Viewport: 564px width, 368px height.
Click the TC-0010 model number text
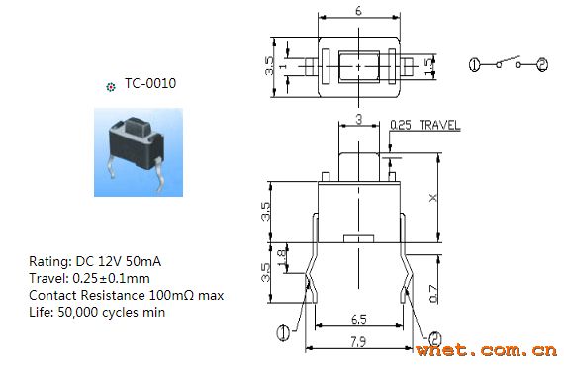pyautogui.click(x=150, y=83)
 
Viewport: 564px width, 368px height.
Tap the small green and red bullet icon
pyautogui.click(x=111, y=87)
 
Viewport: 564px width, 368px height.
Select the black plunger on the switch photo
pyautogui.click(x=138, y=129)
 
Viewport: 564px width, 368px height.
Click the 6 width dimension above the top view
pyautogui.click(x=358, y=11)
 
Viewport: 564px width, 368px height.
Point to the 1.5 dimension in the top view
pyautogui.click(x=429, y=67)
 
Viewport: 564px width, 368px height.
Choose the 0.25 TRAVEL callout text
pyautogui.click(x=425, y=125)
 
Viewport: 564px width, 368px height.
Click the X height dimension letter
pyautogui.click(x=433, y=198)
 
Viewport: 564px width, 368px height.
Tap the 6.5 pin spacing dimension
pyautogui.click(x=358, y=320)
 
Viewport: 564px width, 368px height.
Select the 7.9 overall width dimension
pyautogui.click(x=358, y=341)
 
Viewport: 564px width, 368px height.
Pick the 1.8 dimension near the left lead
pyautogui.click(x=282, y=257)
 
